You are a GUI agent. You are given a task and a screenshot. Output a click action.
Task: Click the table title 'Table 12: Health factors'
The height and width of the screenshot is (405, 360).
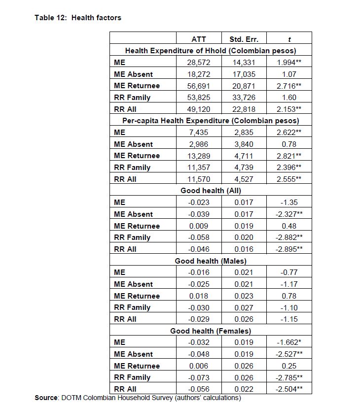pyautogui.click(x=77, y=18)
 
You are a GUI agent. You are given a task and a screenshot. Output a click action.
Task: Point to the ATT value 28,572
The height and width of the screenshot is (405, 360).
pyautogui.click(x=199, y=63)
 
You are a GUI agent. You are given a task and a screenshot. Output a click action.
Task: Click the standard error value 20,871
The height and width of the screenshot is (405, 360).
pyautogui.click(x=244, y=86)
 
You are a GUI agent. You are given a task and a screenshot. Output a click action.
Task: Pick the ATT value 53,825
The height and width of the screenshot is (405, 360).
pyautogui.click(x=199, y=97)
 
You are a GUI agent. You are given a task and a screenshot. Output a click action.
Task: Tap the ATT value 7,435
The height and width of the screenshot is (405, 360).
pyautogui.click(x=199, y=132)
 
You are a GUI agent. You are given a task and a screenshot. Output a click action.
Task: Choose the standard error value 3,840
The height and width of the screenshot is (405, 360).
pyautogui.click(x=244, y=144)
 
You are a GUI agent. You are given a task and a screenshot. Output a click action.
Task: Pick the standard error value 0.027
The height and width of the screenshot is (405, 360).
pyautogui.click(x=244, y=307)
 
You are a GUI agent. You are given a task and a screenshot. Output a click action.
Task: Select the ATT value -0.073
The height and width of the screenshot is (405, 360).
pyautogui.click(x=199, y=377)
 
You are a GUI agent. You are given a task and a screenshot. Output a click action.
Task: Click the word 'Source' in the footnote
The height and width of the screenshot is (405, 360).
pyautogui.click(x=46, y=398)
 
